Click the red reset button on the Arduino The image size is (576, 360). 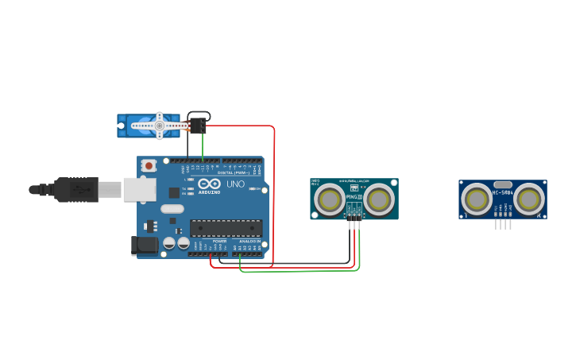(149, 165)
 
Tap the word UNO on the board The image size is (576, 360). (236, 184)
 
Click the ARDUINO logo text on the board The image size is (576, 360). (210, 192)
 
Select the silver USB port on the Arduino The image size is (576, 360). (139, 188)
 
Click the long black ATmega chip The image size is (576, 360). (226, 228)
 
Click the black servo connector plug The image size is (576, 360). (197, 125)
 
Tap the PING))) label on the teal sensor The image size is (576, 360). (354, 197)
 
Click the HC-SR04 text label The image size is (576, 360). (503, 192)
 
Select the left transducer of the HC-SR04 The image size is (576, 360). (477, 199)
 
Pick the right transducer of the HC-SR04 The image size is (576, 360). (528, 199)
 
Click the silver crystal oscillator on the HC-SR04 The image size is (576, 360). (502, 184)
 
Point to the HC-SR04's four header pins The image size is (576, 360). (503, 224)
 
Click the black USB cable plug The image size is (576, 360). (76, 189)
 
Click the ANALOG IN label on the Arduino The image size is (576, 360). (249, 241)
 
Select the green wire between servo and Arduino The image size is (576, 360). (202, 147)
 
